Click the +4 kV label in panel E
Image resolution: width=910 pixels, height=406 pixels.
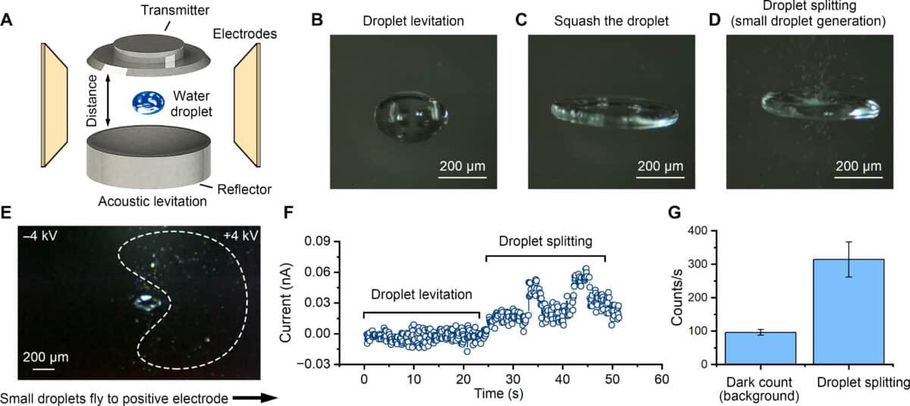(x=241, y=235)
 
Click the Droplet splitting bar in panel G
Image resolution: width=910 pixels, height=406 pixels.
(x=848, y=311)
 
